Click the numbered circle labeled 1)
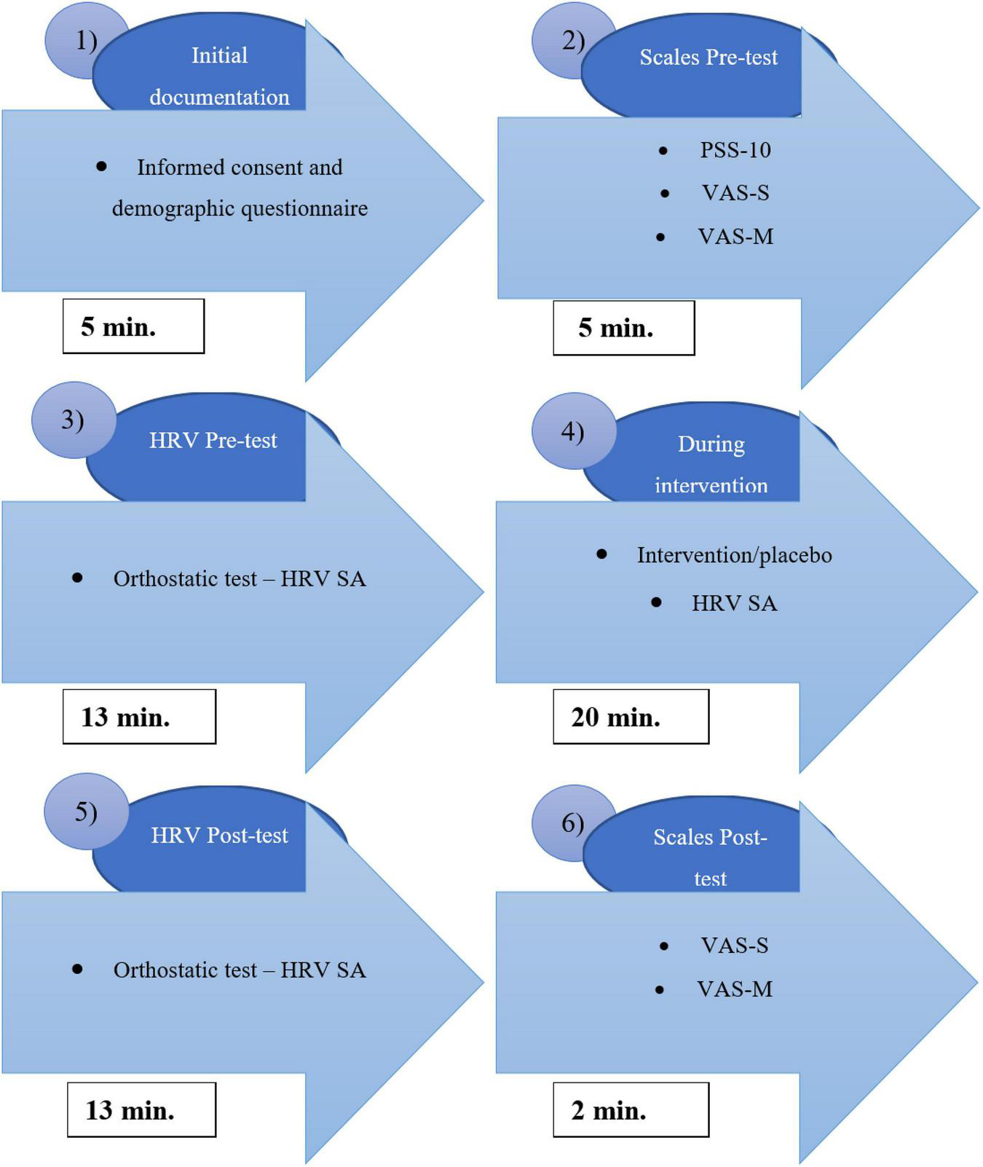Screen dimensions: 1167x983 (x=84, y=41)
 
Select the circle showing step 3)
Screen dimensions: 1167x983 (x=72, y=420)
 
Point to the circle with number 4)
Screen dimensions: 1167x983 (x=572, y=432)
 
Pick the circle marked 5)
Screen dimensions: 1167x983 (x=85, y=812)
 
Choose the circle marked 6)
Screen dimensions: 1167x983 (x=572, y=823)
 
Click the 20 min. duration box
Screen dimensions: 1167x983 (x=630, y=717)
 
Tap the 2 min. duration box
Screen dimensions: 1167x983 (x=630, y=1109)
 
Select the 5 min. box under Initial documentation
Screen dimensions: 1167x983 (x=133, y=326)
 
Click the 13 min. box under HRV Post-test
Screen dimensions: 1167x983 (x=141, y=1109)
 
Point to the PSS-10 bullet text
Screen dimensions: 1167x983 (x=735, y=150)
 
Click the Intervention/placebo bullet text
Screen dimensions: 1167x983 (x=734, y=555)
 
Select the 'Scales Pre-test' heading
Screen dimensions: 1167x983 (x=708, y=58)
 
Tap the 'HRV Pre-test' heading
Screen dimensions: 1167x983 (x=213, y=441)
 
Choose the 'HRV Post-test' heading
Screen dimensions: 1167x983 (x=219, y=836)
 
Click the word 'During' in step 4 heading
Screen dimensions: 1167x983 (x=711, y=444)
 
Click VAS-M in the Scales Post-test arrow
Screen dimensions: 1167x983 (x=734, y=989)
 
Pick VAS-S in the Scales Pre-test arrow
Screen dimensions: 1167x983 (x=735, y=193)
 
